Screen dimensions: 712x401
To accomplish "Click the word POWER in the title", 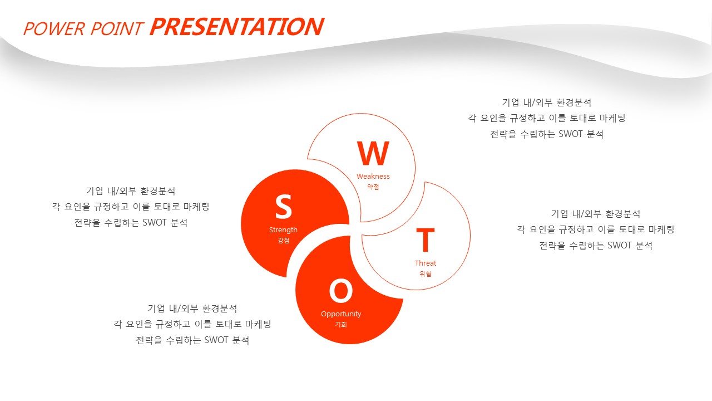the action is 54,29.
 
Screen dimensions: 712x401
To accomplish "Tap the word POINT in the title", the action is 117,29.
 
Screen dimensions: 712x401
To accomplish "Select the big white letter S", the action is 283,207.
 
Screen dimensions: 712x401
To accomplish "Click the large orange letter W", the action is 373,153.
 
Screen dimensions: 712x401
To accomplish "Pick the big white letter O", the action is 341,291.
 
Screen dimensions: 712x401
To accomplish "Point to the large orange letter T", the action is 426,239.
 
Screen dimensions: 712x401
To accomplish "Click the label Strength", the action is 283,230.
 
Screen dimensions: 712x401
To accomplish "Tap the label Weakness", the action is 373,177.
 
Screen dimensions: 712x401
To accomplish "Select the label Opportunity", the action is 341,314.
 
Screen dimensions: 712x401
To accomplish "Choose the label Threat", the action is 426,263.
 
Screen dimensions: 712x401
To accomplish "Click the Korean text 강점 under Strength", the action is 283,240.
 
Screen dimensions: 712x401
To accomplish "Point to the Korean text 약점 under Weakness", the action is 373,187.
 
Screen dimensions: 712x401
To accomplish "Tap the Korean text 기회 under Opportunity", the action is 341,325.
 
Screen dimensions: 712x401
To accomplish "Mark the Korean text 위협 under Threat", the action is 426,273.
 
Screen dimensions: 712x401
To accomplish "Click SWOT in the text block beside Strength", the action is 155,222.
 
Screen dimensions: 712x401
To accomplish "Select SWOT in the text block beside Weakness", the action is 571,134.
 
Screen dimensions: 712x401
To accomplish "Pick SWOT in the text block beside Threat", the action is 620,246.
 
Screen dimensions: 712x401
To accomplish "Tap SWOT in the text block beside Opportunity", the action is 216,340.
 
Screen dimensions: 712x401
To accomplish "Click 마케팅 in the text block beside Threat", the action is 661,229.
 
